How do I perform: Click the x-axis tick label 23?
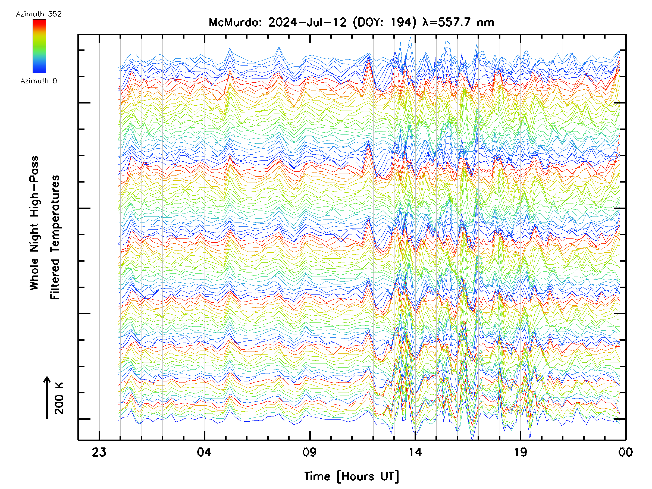[x=99, y=452]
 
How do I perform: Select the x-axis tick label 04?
[x=204, y=452]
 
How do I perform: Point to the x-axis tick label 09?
[x=309, y=452]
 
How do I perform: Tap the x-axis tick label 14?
[x=415, y=452]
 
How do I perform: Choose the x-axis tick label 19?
[x=520, y=452]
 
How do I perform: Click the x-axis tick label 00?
[x=625, y=452]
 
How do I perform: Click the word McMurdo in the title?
[x=235, y=22]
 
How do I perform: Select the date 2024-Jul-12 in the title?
[x=308, y=22]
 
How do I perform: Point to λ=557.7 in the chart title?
[x=446, y=22]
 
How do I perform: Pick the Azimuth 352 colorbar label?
[x=39, y=14]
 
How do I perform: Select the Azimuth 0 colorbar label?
[x=39, y=81]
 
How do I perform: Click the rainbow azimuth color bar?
[x=39, y=46]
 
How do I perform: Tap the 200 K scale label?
[x=59, y=398]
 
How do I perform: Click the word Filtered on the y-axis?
[x=55, y=279]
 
